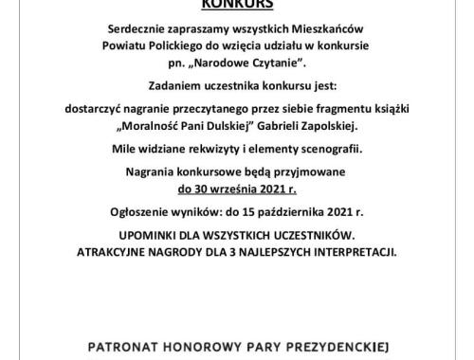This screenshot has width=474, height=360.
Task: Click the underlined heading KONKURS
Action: tap(236, 4)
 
